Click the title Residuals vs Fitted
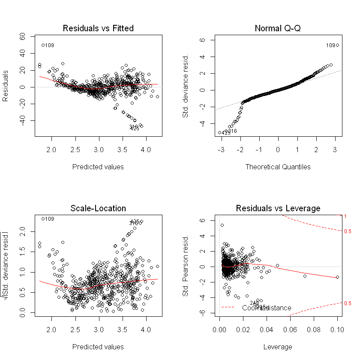pyautogui.click(x=98, y=29)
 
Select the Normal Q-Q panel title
pyautogui.click(x=278, y=29)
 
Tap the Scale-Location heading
pyautogui.click(x=98, y=209)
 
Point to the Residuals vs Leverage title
pyautogui.click(x=278, y=209)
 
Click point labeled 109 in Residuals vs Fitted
pyautogui.click(x=43, y=45)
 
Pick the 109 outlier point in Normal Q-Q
pyautogui.click(x=337, y=45)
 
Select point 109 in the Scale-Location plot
pyautogui.click(x=43, y=219)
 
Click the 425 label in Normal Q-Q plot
pyautogui.click(x=226, y=133)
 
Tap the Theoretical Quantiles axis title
pyautogui.click(x=278, y=167)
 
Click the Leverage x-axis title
pyautogui.click(x=278, y=347)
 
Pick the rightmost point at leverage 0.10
pyautogui.click(x=337, y=277)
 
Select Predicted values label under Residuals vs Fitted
pyautogui.click(x=98, y=167)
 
